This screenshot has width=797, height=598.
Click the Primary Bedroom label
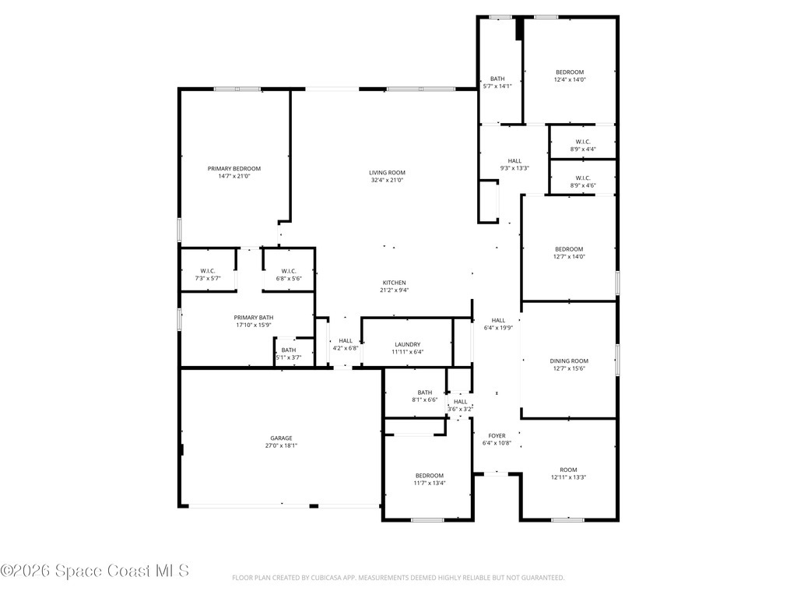point(233,169)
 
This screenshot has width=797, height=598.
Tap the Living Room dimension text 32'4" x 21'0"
point(387,180)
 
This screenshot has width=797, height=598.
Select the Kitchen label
point(395,283)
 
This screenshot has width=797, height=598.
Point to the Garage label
point(281,438)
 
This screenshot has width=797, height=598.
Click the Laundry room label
point(408,345)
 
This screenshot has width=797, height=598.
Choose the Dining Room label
point(569,361)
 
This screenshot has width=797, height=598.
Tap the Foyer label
point(497,436)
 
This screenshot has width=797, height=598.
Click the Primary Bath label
point(253,318)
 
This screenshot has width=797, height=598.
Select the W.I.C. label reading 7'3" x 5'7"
point(207,275)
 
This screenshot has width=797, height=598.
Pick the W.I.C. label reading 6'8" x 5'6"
point(289,275)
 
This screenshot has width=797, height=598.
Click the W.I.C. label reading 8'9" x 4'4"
point(583,146)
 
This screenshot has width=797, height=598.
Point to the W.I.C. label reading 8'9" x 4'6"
point(583,181)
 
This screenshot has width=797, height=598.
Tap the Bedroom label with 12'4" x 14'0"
point(570,76)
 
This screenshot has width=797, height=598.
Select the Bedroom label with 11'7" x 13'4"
point(430,480)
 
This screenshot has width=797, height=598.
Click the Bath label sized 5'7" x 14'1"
point(497,83)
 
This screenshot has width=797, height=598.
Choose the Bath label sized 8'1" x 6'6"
point(425,396)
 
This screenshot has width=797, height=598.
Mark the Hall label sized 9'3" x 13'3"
point(514,164)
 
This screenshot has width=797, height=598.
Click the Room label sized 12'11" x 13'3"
point(568,473)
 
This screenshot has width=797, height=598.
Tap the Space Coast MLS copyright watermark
point(94,571)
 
